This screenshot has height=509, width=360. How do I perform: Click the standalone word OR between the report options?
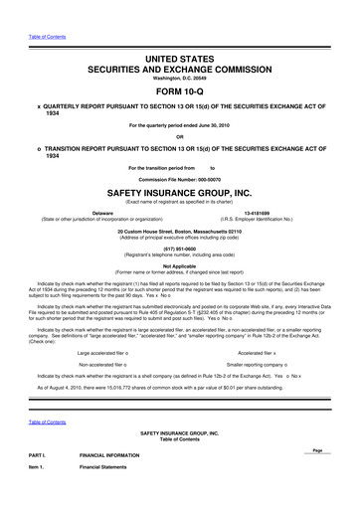180,136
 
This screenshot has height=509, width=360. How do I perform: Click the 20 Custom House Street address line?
180,231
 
